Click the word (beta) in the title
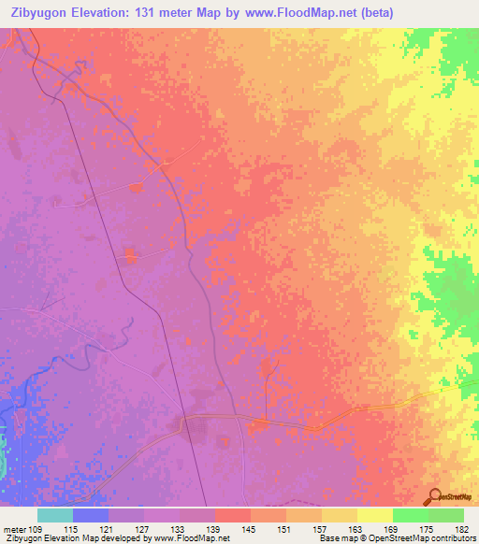[x=372, y=13]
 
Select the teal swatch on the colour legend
[x=55, y=515]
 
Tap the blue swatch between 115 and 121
[x=91, y=515]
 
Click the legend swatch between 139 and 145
[x=233, y=515]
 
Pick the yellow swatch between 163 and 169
[x=375, y=515]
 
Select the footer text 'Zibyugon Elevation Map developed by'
[x=70, y=538]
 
